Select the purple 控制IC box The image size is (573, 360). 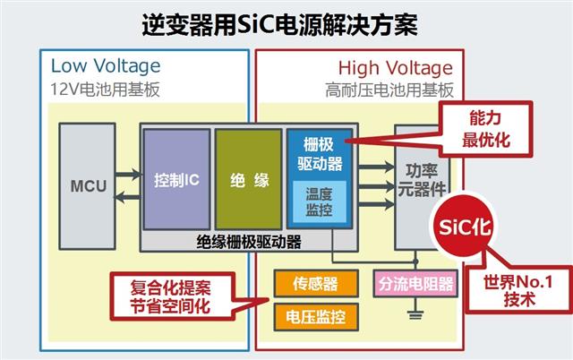point(175,179)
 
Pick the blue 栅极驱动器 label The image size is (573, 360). point(319,153)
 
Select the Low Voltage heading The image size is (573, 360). point(106,65)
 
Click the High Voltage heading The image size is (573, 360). point(396,67)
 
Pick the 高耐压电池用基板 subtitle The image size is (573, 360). point(389,90)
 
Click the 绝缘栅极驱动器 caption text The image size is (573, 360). point(248,241)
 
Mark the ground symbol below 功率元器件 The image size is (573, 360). point(414,313)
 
